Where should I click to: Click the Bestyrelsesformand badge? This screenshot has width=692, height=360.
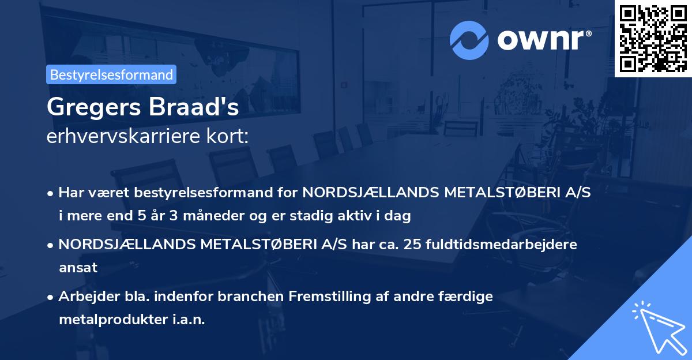click(111, 74)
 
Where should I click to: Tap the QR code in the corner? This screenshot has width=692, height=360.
click(653, 38)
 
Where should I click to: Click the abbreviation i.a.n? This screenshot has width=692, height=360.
click(188, 320)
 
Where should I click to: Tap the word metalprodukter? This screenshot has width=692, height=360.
click(114, 320)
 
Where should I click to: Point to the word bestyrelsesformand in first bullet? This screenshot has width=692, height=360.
click(197, 193)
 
